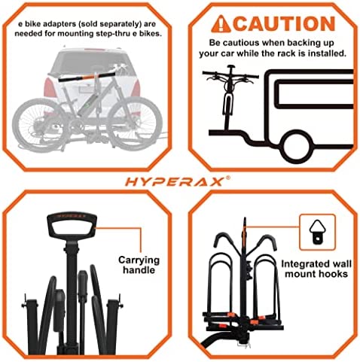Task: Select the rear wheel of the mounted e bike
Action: click(x=32, y=117)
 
